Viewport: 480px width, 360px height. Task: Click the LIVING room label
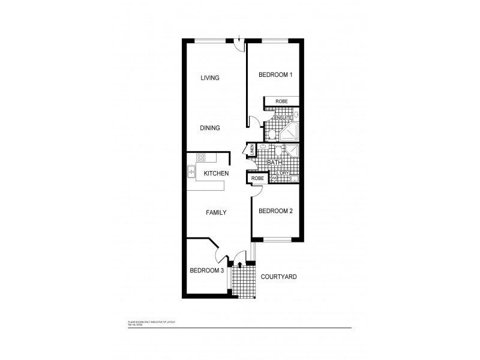(210, 78)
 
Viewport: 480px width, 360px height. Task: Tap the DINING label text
(210, 128)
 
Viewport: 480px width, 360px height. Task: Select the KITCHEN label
(216, 173)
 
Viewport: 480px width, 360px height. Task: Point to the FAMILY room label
(215, 212)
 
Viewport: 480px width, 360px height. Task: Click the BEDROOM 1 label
(275, 75)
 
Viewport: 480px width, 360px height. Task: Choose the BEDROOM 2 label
(275, 211)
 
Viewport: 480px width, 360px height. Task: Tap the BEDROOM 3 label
(207, 271)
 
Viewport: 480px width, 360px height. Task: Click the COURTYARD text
(279, 277)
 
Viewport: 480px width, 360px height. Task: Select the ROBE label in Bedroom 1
(281, 102)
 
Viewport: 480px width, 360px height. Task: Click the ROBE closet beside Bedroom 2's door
(257, 178)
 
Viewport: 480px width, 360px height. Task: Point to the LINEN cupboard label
(252, 148)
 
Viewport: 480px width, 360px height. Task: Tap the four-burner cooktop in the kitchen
(202, 158)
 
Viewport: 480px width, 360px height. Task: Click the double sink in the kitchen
(191, 172)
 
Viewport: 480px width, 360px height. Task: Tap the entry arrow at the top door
(239, 40)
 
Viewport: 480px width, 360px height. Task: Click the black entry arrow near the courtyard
(240, 263)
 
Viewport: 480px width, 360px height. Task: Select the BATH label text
(274, 163)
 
